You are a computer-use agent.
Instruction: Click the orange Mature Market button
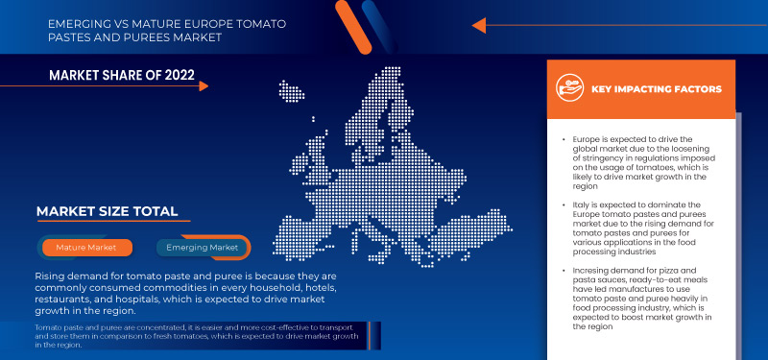(x=86, y=248)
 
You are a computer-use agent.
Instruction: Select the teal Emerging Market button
(x=203, y=248)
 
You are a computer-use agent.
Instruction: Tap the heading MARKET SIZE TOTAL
(x=107, y=211)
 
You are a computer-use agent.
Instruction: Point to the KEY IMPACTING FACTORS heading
(x=657, y=88)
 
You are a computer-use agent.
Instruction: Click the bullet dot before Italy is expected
(x=564, y=204)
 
